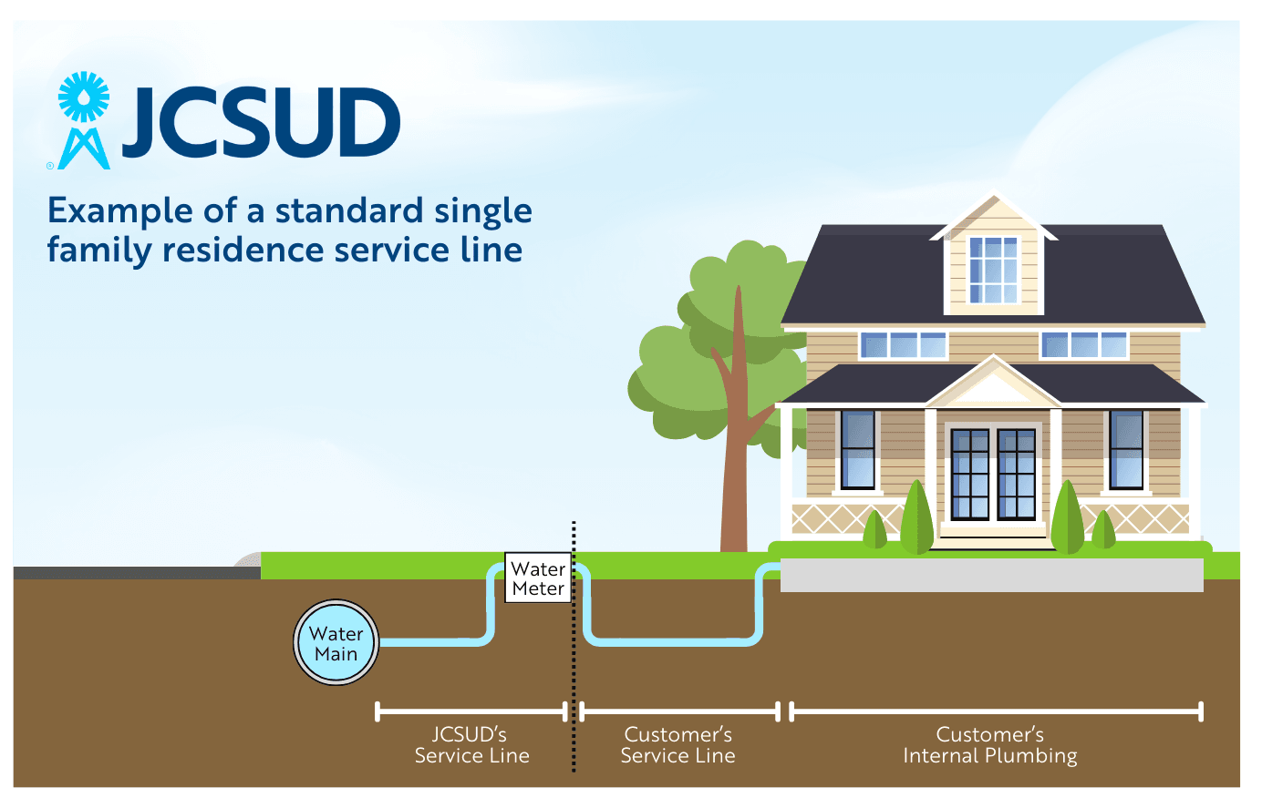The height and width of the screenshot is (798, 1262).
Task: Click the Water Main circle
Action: point(336,643)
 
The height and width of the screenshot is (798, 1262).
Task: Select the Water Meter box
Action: point(538,578)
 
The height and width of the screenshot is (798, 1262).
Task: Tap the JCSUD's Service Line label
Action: point(471,745)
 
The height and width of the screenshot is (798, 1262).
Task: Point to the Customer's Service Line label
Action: point(678,745)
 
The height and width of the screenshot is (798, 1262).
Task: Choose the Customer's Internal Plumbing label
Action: point(990,745)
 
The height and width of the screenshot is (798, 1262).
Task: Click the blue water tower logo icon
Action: point(83,121)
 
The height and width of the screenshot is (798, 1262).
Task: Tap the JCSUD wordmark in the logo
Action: point(261,123)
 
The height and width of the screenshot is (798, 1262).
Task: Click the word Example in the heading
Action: point(120,211)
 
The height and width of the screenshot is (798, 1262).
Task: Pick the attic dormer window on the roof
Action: point(993,270)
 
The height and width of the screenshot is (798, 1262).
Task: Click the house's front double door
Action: point(993,474)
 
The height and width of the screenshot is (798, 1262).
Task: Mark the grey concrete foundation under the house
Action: point(991,576)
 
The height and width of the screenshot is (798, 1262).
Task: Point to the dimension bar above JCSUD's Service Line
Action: point(471,711)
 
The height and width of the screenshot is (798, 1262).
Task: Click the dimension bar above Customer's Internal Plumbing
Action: point(996,711)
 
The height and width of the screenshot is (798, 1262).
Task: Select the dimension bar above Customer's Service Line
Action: point(679,711)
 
